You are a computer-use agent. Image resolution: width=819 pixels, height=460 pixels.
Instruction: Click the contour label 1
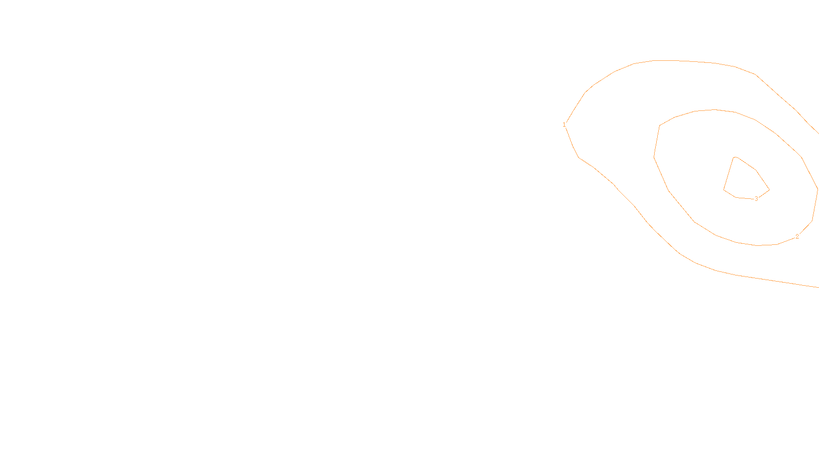coord(564,125)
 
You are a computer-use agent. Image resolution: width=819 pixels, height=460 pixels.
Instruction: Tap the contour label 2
coord(797,237)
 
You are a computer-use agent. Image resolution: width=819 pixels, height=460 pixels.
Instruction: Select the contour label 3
coord(756,199)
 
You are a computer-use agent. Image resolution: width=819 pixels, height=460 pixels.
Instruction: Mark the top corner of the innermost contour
coord(735,157)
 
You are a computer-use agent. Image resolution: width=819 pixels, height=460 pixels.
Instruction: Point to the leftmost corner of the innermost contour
coord(724,190)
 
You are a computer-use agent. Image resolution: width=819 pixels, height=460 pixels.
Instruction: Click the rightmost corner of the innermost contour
coord(769,190)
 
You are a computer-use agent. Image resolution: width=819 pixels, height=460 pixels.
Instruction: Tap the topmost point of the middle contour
coord(715,109)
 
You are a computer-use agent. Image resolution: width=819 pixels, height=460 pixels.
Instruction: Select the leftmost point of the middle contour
coord(654,157)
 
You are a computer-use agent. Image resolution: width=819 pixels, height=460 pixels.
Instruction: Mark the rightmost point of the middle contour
coord(817,189)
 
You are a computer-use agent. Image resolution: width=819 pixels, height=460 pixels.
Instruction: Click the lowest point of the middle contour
coord(758,245)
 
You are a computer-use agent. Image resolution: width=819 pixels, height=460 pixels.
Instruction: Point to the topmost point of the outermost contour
coord(660,60)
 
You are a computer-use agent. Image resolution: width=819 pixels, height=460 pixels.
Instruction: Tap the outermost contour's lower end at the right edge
coord(818,287)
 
